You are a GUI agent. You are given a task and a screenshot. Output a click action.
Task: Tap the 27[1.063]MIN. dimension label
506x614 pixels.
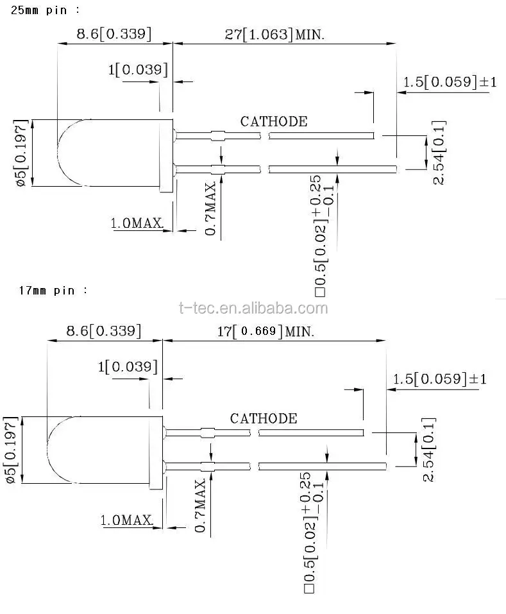[274, 34]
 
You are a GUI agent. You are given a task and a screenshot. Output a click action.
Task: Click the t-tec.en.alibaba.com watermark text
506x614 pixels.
[253, 308]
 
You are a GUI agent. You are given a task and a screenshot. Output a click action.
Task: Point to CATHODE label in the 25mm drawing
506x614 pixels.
[274, 121]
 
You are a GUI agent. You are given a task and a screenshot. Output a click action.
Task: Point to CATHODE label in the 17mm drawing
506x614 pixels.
[264, 418]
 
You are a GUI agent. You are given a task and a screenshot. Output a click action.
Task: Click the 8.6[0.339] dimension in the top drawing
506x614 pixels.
[114, 34]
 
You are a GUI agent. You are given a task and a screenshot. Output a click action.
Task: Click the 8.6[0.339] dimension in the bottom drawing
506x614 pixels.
[104, 331]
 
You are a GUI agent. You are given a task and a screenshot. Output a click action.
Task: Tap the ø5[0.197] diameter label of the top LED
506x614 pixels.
[21, 153]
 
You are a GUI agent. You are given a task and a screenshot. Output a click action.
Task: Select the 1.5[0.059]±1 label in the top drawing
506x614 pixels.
[450, 82]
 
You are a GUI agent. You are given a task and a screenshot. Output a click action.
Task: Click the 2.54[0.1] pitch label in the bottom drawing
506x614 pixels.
[429, 450]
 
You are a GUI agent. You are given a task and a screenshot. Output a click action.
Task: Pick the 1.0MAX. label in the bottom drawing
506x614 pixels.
[127, 520]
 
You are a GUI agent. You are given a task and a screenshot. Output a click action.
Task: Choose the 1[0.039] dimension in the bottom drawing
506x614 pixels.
[128, 366]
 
